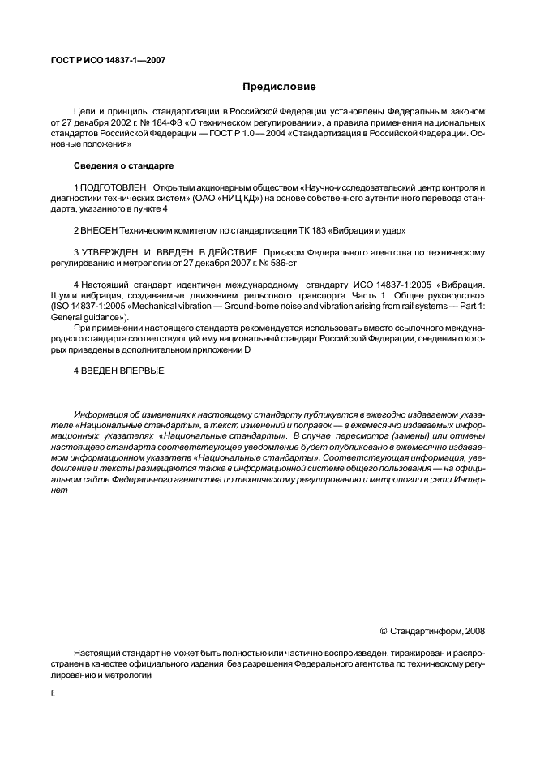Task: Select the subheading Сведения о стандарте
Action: click(123, 165)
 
